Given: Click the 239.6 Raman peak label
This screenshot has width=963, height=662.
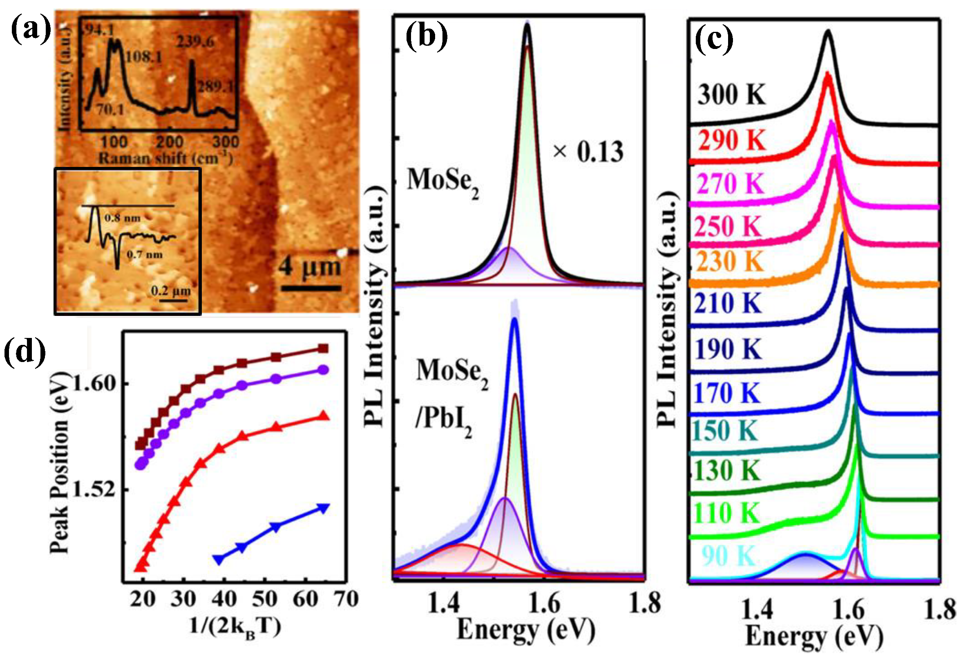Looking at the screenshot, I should tap(196, 42).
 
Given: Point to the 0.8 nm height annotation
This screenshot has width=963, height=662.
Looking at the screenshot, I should tap(123, 218).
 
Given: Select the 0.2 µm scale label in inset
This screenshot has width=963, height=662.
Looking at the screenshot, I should tap(171, 291).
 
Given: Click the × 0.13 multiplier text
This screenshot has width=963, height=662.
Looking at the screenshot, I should tap(588, 152).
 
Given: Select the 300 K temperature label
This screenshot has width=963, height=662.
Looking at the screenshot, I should tap(731, 95).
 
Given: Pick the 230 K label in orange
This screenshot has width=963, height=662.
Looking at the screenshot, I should tap(730, 262).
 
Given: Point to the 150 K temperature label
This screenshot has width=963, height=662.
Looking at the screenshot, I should tap(726, 431).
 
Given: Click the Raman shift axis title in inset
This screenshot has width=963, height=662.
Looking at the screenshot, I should tap(165, 158).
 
